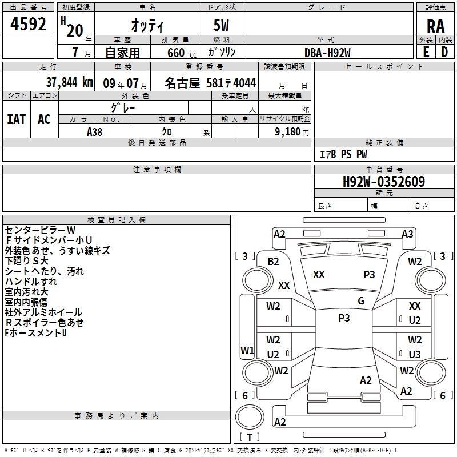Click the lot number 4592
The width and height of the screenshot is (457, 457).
coord(28,24)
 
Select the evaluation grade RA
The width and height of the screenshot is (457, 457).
coord(436,26)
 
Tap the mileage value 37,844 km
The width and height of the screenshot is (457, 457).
coord(69,82)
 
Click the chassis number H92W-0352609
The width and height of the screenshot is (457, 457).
coord(383,182)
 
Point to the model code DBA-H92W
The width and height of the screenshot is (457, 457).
coord(327,53)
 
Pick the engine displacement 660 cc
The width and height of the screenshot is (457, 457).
coord(182,53)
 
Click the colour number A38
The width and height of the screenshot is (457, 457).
coord(94,132)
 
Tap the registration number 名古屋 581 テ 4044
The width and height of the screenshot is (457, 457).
coord(210,83)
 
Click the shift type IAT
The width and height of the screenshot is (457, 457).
coord(17,119)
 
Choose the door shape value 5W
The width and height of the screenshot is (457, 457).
coord(221,25)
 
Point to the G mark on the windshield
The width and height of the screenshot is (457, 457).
coord(361,301)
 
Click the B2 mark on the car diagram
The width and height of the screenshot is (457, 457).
coord(273,262)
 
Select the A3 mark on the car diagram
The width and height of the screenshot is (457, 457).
coord(407,234)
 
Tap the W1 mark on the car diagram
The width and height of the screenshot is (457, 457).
coord(247,350)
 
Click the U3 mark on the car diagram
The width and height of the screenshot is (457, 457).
coord(415,354)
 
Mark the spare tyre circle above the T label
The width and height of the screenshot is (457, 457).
coord(250,417)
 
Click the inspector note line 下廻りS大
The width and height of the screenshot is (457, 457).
coord(26,261)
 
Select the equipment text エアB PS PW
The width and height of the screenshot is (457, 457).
coord(343,154)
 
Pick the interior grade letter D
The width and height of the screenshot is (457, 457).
coord(444,52)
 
